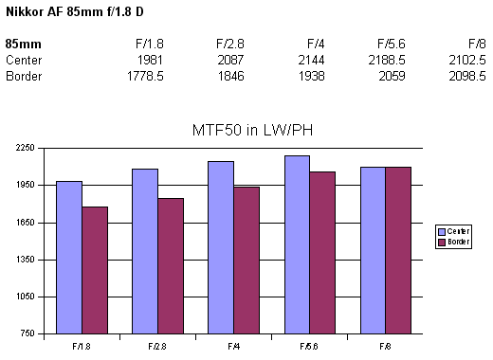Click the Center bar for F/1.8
point(68,257)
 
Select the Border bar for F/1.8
point(95,270)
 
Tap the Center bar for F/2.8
point(145,251)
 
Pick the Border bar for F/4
point(246,260)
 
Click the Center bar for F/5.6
point(297,244)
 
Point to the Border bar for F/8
point(398,250)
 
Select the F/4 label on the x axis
point(233,347)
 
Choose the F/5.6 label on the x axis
point(309,347)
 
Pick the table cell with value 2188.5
point(387,60)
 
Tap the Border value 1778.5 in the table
point(145,76)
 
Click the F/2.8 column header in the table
point(229,44)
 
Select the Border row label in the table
point(24,76)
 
